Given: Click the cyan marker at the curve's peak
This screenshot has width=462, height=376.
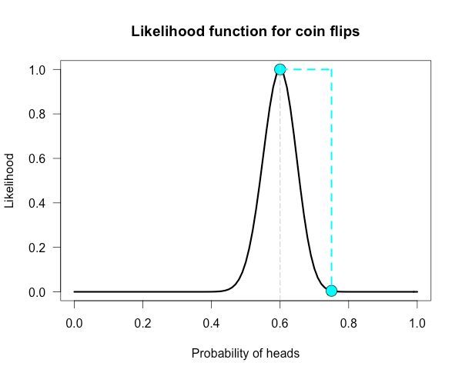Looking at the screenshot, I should pos(280,69).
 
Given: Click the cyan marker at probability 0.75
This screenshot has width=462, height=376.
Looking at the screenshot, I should pos(331,291).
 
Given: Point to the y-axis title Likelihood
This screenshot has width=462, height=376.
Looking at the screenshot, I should pos(10,181).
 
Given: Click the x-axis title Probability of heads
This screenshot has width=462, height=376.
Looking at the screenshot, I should pos(245,353).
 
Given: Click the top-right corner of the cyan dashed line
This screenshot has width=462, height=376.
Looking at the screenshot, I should pos(331,69).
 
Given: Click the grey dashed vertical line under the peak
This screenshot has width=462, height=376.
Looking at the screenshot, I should pos(280,192).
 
